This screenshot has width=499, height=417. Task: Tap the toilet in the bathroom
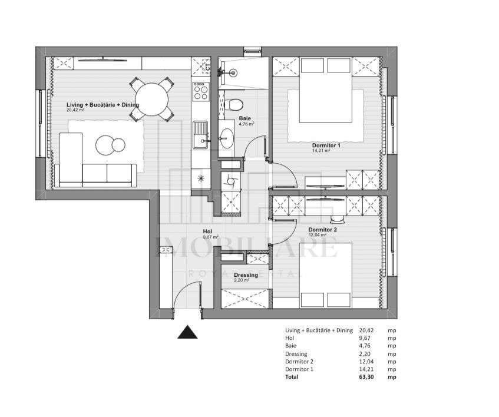pyautogui.click(x=234, y=105)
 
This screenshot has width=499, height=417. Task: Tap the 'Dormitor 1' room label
pyautogui.click(x=327, y=144)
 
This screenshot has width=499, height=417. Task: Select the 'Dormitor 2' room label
pyautogui.click(x=322, y=230)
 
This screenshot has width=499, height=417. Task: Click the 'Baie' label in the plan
pyautogui.click(x=244, y=118)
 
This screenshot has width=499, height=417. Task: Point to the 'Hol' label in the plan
pyautogui.click(x=207, y=231)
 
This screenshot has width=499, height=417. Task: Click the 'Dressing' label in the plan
pyautogui.click(x=245, y=275)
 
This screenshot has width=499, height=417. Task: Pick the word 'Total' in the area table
pyautogui.click(x=292, y=376)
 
